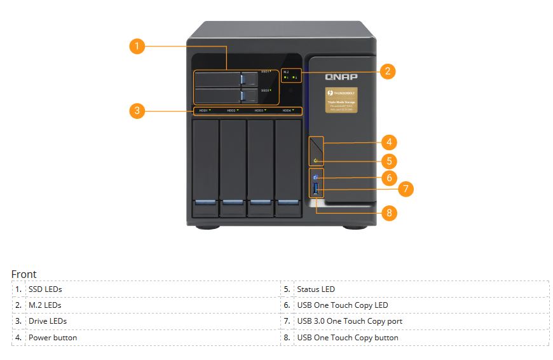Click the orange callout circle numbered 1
point(137,46)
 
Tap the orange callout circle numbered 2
point(387,71)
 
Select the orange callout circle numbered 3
point(137,111)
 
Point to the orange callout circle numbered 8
point(390,212)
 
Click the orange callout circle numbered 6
point(390,177)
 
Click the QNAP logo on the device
point(341,77)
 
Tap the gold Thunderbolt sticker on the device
point(341,100)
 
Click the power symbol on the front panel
point(315,160)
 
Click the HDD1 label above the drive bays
point(204,111)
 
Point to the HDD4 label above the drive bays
point(288,111)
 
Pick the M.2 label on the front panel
point(286,72)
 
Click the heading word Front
point(24,274)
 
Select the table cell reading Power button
point(53,338)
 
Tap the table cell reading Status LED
point(316,289)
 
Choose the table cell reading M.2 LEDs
point(45,305)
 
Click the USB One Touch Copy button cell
point(348,338)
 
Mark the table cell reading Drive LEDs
point(48,321)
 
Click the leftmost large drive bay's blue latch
point(205,202)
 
